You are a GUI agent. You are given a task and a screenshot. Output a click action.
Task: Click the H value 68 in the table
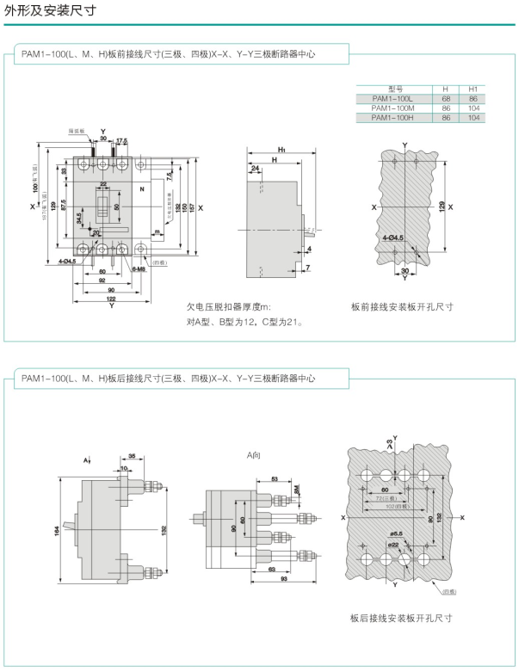click(x=445, y=99)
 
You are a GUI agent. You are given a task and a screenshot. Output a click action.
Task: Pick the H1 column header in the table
click(x=472, y=89)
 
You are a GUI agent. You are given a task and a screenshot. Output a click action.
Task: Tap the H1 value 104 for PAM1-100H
click(x=472, y=118)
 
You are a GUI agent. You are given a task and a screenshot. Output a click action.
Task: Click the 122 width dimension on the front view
click(x=113, y=298)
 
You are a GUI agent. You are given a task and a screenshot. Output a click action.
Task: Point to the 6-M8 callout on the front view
click(x=139, y=269)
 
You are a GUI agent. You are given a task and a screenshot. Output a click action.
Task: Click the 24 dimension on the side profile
click(x=256, y=168)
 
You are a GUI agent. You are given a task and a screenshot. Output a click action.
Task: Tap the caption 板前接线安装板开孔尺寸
click(x=402, y=307)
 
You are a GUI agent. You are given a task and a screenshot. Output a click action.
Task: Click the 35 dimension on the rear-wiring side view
click(x=132, y=456)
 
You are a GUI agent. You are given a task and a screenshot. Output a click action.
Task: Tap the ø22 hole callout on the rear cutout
click(x=392, y=544)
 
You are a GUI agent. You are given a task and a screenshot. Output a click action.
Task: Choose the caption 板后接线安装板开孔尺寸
click(x=401, y=618)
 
